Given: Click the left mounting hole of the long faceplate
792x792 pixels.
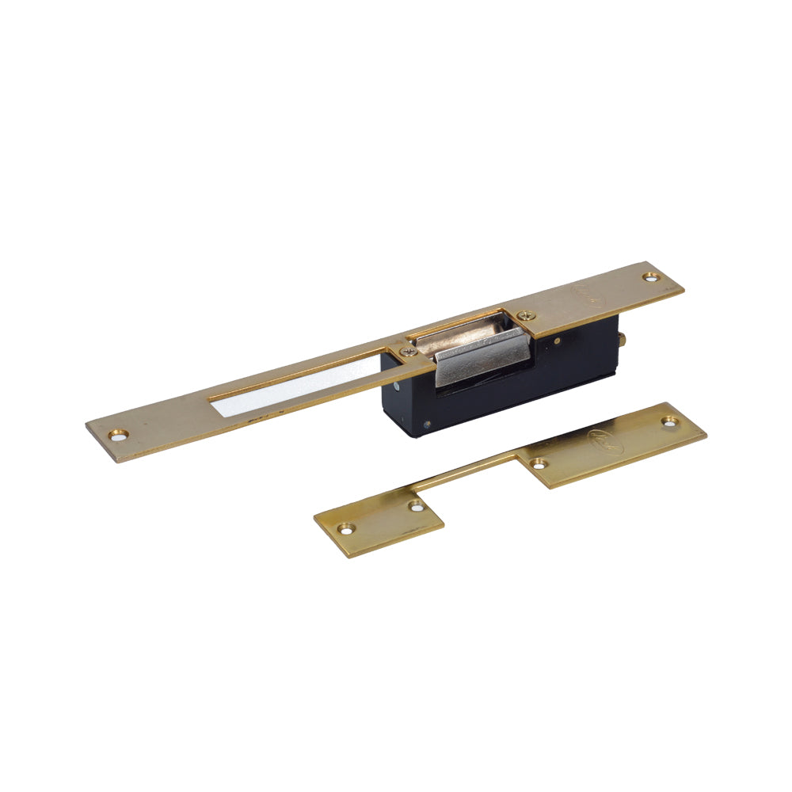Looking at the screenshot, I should point(120,434).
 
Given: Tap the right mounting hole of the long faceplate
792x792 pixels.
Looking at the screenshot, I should point(651,277).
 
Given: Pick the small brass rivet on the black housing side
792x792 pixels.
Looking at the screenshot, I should point(558,342).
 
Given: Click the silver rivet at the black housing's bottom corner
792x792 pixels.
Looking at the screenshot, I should point(427,424).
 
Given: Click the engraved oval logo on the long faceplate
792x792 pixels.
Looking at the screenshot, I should point(590,297).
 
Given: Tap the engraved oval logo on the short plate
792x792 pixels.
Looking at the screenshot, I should point(607,441).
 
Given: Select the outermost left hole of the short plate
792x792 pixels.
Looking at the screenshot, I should point(345,527).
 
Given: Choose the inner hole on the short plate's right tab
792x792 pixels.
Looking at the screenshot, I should point(539,463).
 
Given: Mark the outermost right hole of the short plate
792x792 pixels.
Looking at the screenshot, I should point(670,421).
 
